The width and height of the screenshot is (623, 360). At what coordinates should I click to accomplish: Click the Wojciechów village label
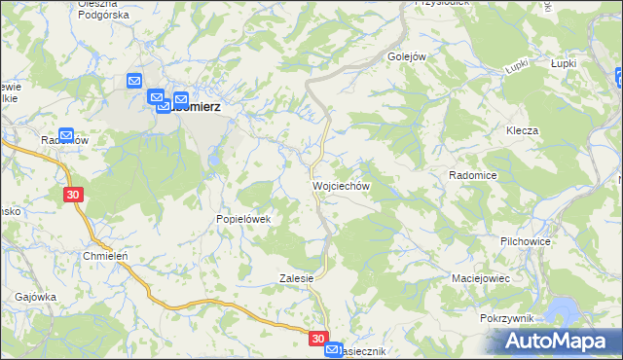pos(340,184)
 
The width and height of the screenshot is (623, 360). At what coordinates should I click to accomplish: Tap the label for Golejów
pos(408,56)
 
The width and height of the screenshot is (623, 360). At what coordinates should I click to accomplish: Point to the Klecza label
pos(522,130)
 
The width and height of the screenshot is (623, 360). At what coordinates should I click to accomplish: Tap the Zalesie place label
pos(297,277)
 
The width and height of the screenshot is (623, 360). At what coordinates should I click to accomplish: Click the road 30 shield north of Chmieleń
pos(75,195)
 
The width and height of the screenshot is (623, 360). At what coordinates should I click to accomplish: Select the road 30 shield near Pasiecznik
pos(319,339)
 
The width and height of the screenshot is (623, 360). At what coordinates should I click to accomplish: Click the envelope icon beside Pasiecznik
pos(333,349)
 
